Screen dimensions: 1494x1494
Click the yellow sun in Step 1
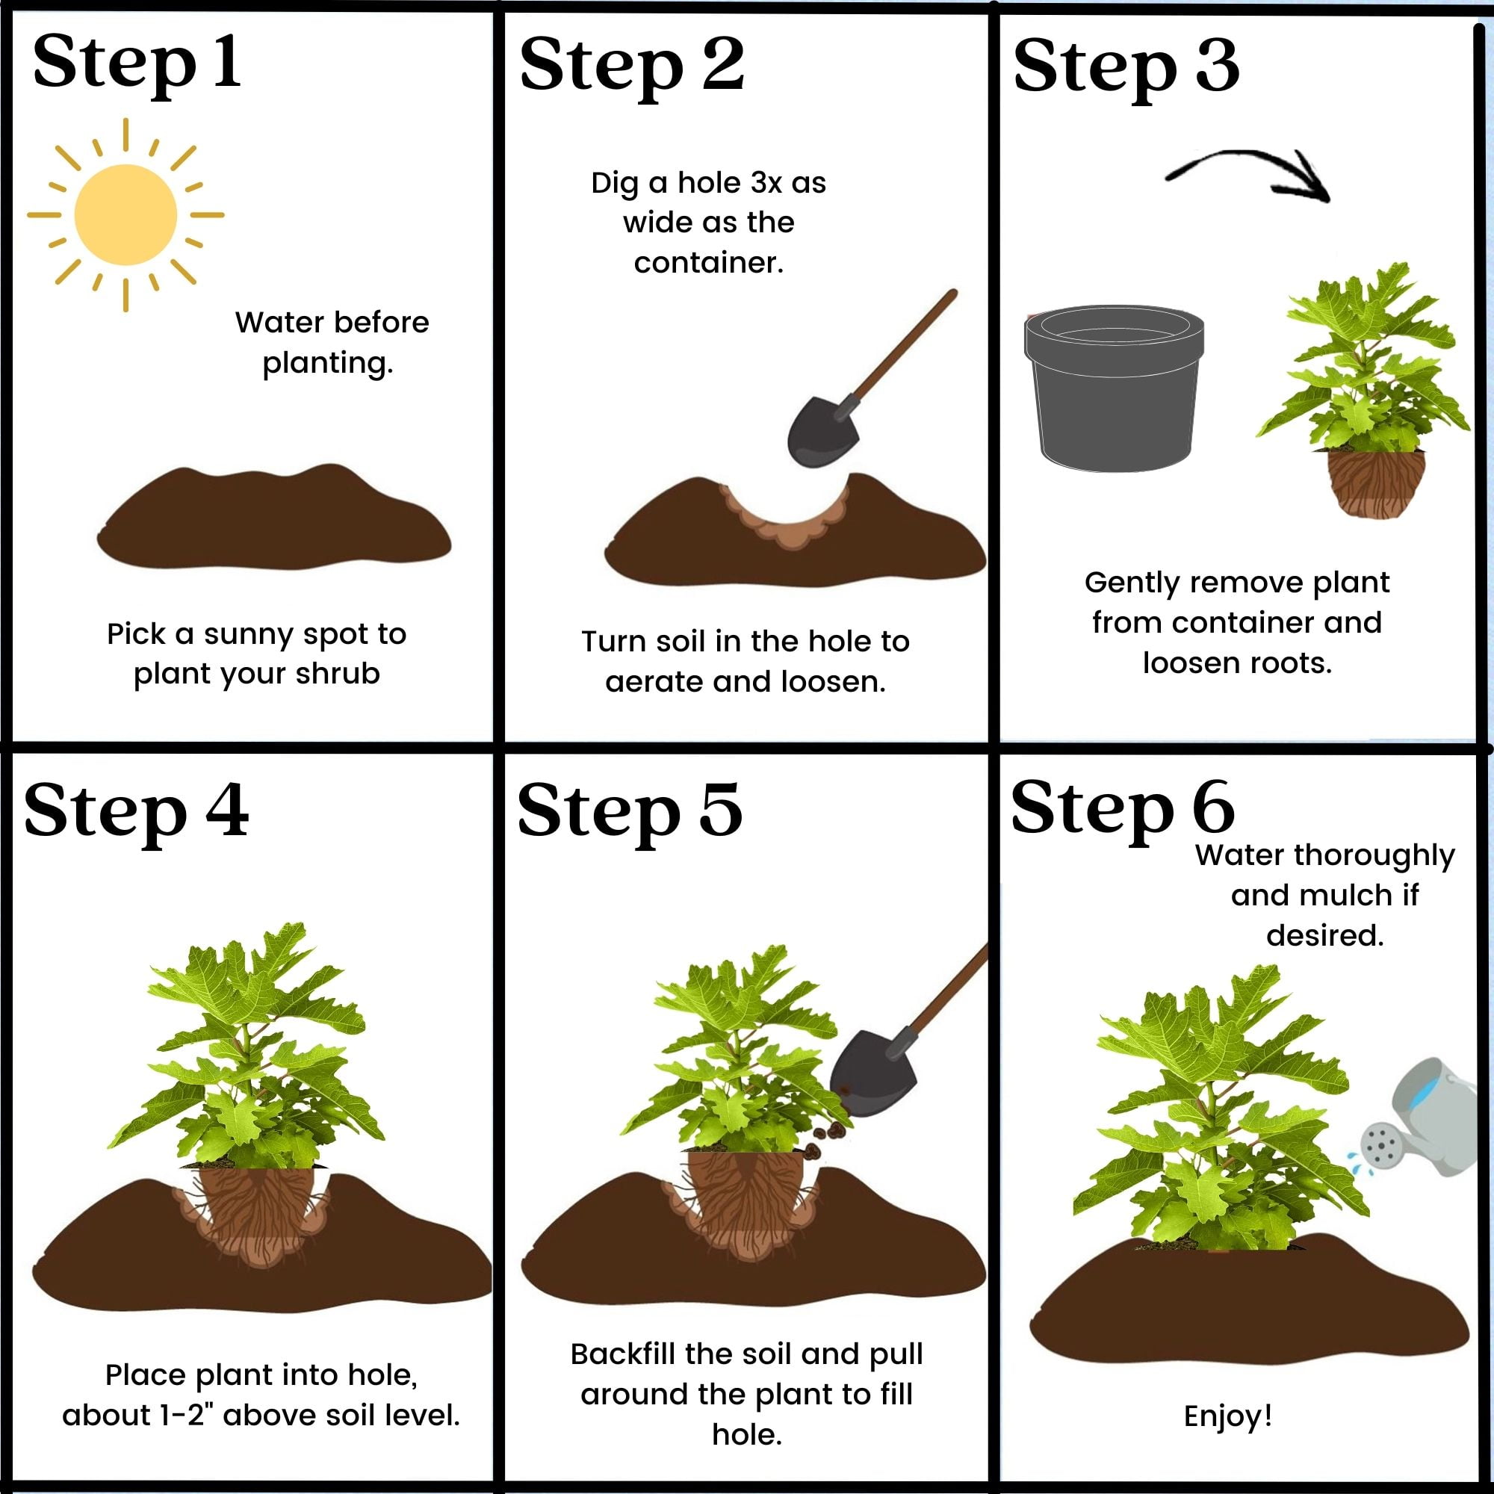126,214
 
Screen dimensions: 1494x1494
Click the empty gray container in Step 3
1115,387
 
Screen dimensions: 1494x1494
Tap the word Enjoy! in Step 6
1228,1415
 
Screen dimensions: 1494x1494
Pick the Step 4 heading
136,812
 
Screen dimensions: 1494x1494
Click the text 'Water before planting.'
332,342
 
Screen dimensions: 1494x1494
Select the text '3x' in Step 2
766,183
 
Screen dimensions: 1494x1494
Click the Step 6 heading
1122,809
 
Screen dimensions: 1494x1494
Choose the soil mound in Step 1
273,517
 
